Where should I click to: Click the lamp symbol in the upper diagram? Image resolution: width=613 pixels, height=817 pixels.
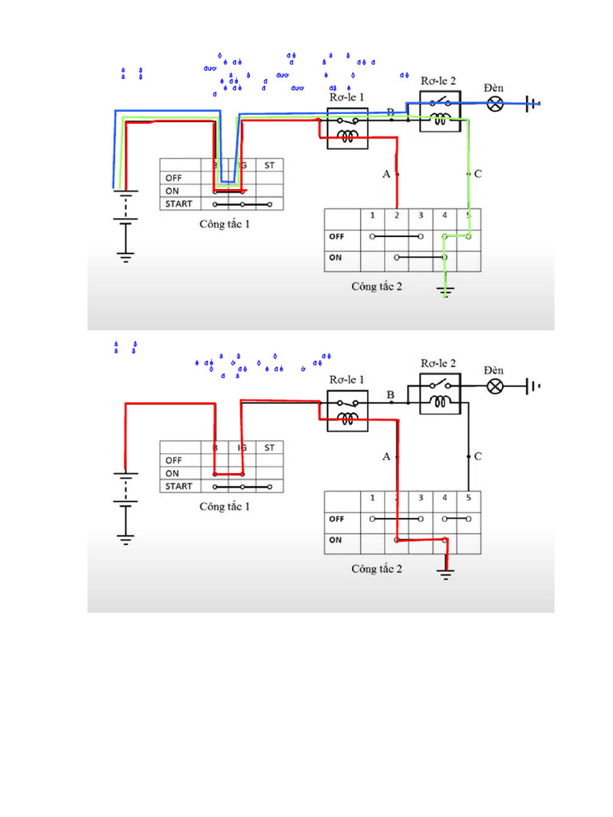pyautogui.click(x=496, y=103)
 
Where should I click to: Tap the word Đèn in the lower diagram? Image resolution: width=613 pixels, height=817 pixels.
pyautogui.click(x=494, y=370)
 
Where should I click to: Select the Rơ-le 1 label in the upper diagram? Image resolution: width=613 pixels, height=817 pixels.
pyautogui.click(x=347, y=97)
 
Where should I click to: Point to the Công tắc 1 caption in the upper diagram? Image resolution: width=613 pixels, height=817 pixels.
pyautogui.click(x=224, y=224)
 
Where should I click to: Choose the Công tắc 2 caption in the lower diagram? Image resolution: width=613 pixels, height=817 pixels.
pyautogui.click(x=377, y=569)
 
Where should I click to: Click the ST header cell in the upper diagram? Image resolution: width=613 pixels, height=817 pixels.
pyautogui.click(x=269, y=165)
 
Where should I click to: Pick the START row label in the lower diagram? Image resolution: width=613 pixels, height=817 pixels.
pyautogui.click(x=180, y=486)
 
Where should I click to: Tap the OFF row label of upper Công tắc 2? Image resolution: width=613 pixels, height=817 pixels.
pyautogui.click(x=336, y=237)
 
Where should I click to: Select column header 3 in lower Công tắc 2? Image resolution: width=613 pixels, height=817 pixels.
pyautogui.click(x=421, y=498)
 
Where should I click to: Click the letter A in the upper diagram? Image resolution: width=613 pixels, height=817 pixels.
pyautogui.click(x=387, y=174)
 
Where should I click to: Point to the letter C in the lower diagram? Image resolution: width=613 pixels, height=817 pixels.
pyautogui.click(x=477, y=456)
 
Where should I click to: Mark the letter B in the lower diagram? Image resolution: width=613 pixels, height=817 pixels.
pyautogui.click(x=390, y=395)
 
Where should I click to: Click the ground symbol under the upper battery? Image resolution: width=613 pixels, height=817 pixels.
pyautogui.click(x=125, y=257)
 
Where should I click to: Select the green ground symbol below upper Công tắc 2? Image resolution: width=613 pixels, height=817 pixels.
pyautogui.click(x=445, y=294)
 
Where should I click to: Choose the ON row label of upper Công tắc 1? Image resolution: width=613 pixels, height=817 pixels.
pyautogui.click(x=172, y=191)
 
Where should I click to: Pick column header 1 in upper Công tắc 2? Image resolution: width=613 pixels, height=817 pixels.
pyautogui.click(x=372, y=215)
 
